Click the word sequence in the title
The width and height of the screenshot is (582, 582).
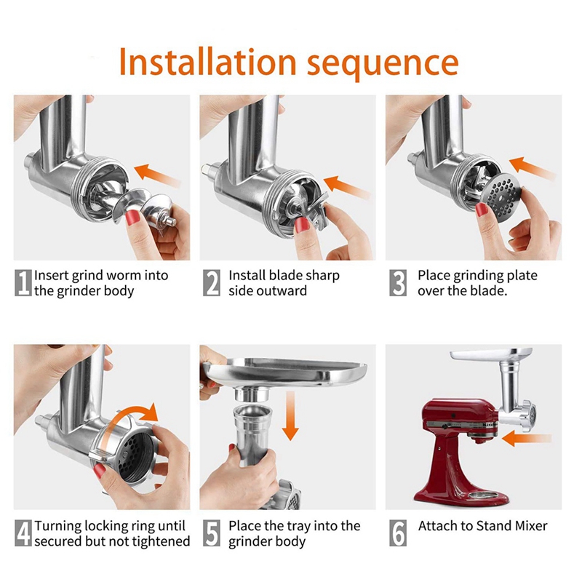383,63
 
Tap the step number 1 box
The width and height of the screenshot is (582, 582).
23,283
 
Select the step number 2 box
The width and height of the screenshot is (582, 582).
212,283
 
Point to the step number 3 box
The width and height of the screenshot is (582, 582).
398,283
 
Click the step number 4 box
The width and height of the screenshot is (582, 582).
23,533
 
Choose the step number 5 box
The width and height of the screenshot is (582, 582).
212,533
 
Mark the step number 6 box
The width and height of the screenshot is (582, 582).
398,533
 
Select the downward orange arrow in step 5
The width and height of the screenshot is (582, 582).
290,414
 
